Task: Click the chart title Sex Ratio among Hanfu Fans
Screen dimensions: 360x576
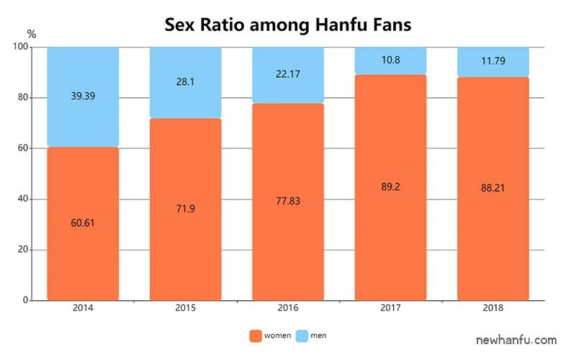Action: click(x=288, y=24)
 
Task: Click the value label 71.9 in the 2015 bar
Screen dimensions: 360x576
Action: click(x=185, y=209)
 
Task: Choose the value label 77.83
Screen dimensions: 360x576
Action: click(x=288, y=202)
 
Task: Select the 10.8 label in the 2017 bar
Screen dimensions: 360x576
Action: click(x=390, y=60)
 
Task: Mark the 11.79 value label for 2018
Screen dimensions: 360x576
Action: click(x=493, y=61)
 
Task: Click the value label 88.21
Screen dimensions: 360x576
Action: click(x=493, y=188)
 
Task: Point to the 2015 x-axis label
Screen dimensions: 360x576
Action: click(x=185, y=308)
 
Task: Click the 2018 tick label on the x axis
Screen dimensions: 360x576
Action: click(x=493, y=308)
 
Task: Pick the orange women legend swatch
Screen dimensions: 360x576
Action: click(x=255, y=336)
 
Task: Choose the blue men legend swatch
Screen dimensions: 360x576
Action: click(x=302, y=336)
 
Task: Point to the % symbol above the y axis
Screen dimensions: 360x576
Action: click(x=31, y=33)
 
